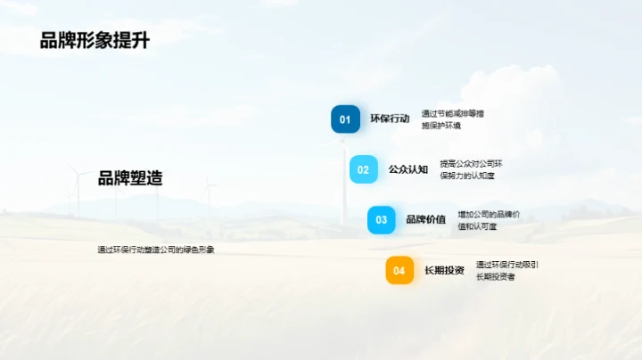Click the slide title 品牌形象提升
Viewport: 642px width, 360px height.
[x=94, y=41]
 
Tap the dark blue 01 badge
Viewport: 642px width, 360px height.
[x=345, y=119]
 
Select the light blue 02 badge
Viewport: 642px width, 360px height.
[x=363, y=169]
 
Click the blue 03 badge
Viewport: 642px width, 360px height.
[x=381, y=219]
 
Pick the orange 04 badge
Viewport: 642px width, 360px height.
[x=399, y=270]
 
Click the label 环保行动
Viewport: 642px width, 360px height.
[x=390, y=119]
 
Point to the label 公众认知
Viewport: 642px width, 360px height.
[x=408, y=169]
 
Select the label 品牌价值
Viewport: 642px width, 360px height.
[x=425, y=219]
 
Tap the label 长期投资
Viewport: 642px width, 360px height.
[x=444, y=270]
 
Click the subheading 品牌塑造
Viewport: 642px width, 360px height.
[x=130, y=178]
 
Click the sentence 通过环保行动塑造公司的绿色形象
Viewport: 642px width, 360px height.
[x=156, y=250]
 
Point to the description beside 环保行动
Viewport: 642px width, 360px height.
[x=452, y=119]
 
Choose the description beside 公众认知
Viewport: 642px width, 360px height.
[x=471, y=169]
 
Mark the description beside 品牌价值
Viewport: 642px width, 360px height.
[x=489, y=220]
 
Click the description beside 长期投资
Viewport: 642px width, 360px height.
[x=506, y=270]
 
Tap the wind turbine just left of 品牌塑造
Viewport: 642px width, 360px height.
[x=78, y=192]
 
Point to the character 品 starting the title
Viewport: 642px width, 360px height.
[x=49, y=41]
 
